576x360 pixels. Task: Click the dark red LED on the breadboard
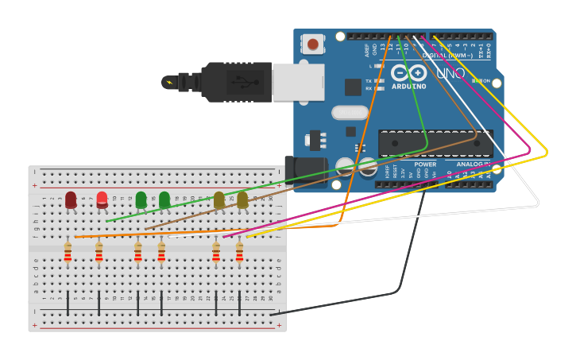71,199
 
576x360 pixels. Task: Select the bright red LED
102,199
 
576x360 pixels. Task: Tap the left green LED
141,199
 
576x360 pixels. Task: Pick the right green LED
164,199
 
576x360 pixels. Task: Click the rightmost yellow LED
242,199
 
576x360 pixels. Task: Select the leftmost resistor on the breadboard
68,253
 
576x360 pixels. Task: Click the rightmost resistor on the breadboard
239,253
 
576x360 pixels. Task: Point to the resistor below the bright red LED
99,253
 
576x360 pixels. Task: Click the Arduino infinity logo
409,73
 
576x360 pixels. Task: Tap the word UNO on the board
450,73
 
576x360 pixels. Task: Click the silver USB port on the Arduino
299,82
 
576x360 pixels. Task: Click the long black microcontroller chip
435,143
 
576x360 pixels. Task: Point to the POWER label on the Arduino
425,165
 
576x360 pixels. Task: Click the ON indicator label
485,81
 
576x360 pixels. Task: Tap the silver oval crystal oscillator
350,113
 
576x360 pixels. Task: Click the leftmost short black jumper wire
68,303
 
